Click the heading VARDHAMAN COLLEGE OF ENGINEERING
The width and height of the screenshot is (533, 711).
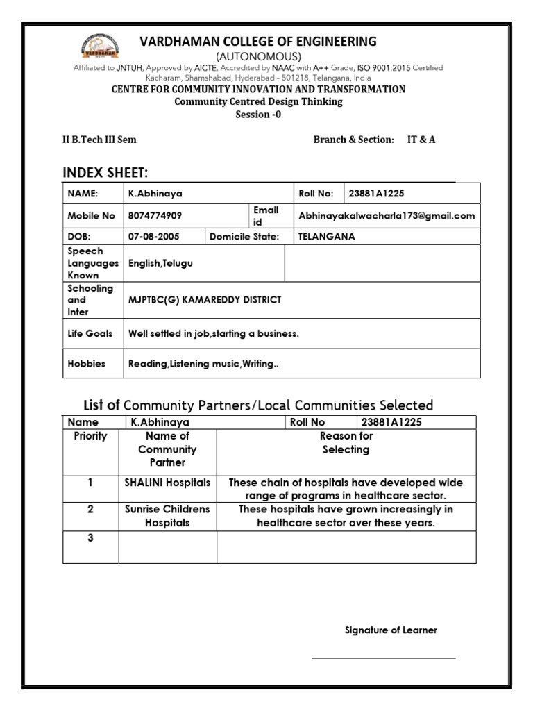[x=258, y=42]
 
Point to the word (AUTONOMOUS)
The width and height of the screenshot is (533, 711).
[x=258, y=56]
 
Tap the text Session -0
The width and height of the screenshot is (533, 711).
[x=258, y=114]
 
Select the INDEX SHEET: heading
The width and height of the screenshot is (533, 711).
[x=105, y=172]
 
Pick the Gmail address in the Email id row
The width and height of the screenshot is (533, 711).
[x=387, y=216]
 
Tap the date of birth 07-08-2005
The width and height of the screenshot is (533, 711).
[x=154, y=237]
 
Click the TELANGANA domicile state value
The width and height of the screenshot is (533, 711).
[x=326, y=237]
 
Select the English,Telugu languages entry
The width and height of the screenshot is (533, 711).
[x=161, y=263]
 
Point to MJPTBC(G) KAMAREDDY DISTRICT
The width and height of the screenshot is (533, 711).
[x=205, y=300]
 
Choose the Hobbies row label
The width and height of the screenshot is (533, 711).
[x=86, y=363]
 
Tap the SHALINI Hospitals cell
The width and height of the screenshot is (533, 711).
[x=167, y=483]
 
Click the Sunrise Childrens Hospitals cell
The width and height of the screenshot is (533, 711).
[x=167, y=516]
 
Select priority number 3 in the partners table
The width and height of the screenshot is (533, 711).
[x=90, y=538]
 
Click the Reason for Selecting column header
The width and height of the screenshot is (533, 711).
[x=346, y=443]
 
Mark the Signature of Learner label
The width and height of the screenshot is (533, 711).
[x=391, y=630]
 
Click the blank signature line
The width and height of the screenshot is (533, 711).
[x=383, y=657]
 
